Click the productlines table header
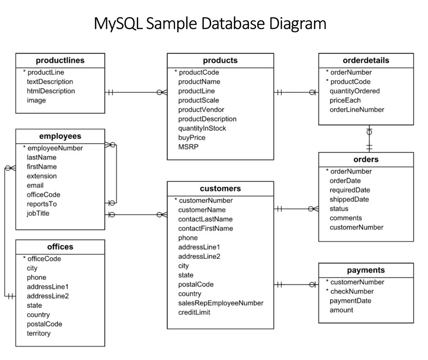click(60, 60)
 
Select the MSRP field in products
click(188, 147)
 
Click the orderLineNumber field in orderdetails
click(357, 109)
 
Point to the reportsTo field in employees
click(41, 204)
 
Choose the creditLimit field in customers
click(194, 312)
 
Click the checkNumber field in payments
click(352, 291)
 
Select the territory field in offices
click(38, 333)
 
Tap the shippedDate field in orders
click(349, 199)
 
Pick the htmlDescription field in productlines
click(50, 91)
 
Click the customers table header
click(220, 188)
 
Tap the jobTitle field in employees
click(38, 213)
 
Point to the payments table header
click(365, 270)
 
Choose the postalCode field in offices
click(44, 324)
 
